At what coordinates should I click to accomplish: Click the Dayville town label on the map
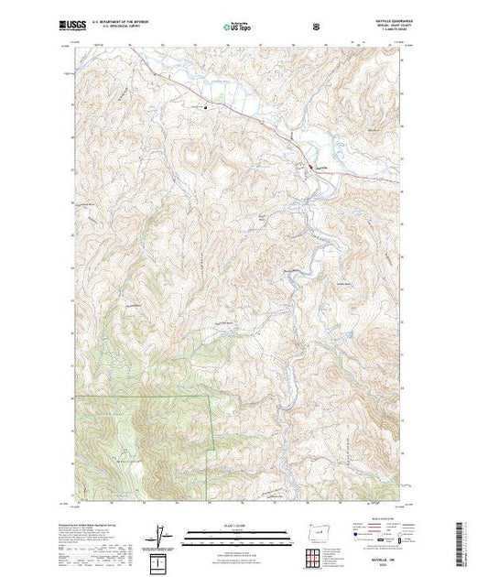tap(321, 167)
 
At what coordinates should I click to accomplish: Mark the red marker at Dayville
tap(317, 169)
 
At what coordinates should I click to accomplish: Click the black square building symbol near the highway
tap(204, 108)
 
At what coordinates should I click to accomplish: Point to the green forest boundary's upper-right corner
tap(212, 397)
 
